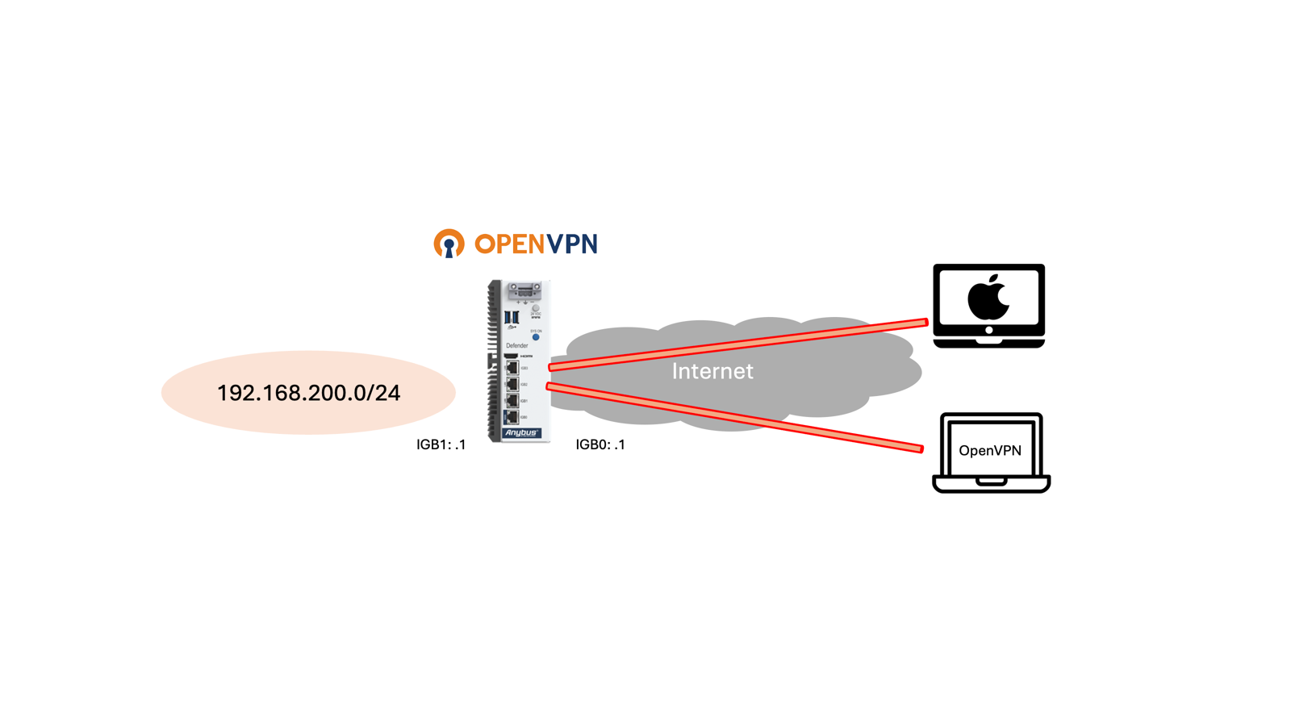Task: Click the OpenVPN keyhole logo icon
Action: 449,244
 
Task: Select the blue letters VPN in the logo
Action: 571,244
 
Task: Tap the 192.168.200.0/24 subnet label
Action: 308,393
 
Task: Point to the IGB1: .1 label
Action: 441,444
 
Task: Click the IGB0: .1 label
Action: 600,444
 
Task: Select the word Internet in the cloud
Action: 712,371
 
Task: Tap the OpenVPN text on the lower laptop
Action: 990,450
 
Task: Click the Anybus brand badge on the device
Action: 521,433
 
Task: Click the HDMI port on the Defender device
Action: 512,356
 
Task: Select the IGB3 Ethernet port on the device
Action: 512,369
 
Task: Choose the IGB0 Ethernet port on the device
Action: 512,417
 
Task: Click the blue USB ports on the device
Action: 511,317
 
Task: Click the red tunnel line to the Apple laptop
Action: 738,344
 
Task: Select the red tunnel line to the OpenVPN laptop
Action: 734,417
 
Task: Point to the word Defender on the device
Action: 516,345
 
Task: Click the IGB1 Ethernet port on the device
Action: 512,401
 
